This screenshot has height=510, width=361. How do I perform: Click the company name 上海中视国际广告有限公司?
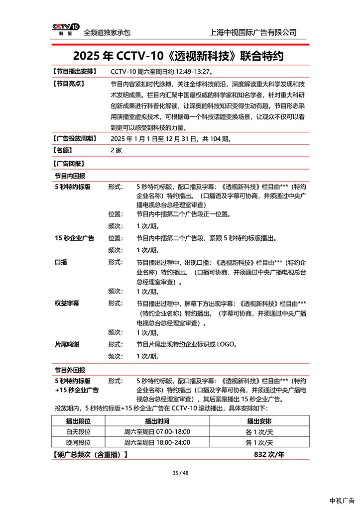pyautogui.click(x=254, y=32)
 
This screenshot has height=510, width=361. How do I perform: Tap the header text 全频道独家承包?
pyautogui.click(x=107, y=32)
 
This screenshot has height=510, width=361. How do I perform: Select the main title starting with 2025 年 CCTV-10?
pyautogui.click(x=178, y=55)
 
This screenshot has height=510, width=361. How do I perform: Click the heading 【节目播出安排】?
pyautogui.click(x=75, y=72)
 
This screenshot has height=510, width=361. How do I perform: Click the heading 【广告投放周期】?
pyautogui.click(x=75, y=138)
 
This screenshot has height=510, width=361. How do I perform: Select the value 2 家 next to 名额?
pyautogui.click(x=116, y=150)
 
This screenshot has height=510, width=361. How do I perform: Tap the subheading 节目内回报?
pyautogui.click(x=70, y=176)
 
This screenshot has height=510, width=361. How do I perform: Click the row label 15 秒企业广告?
pyautogui.click(x=75, y=238)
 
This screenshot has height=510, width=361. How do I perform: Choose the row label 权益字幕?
pyautogui.click(x=67, y=303)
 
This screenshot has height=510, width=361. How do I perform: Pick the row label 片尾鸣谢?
pyautogui.click(x=67, y=344)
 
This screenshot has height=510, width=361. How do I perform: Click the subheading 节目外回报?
pyautogui.click(x=70, y=370)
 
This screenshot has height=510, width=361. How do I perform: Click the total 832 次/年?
pyautogui.click(x=269, y=454)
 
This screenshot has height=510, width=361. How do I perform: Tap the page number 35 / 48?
pyautogui.click(x=180, y=473)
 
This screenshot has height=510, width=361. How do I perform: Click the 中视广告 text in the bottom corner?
pyautogui.click(x=342, y=501)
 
